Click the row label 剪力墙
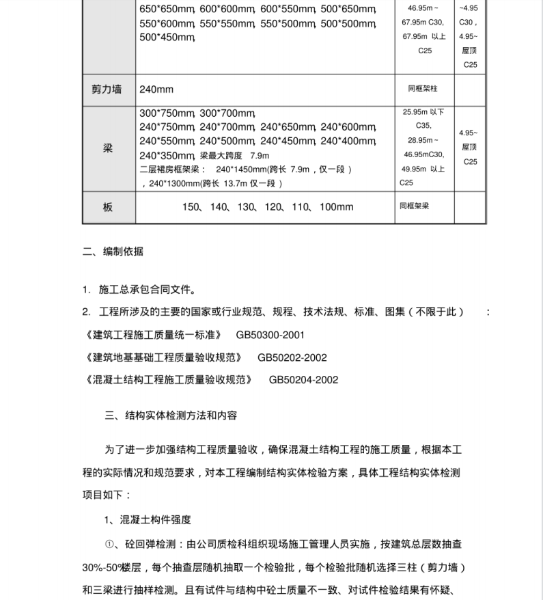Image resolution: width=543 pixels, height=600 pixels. pos(108,90)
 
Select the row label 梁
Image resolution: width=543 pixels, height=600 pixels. pos(108,148)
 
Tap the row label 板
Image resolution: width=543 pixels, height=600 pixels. pos(108,207)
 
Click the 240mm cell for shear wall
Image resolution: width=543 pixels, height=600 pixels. pos(156,90)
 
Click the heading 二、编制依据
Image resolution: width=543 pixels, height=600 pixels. pos(113,251)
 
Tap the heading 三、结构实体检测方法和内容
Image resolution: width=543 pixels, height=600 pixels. pos(171,415)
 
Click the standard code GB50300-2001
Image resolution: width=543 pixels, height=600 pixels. pos(270,335)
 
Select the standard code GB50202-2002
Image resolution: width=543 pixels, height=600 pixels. pos(292,357)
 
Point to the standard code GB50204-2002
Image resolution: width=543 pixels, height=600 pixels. pos(303,379)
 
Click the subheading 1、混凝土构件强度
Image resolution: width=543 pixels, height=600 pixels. pos(148,519)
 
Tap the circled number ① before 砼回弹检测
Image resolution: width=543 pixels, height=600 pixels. pos(111,544)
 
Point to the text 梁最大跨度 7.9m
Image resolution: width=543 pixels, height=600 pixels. pos(232,155)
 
